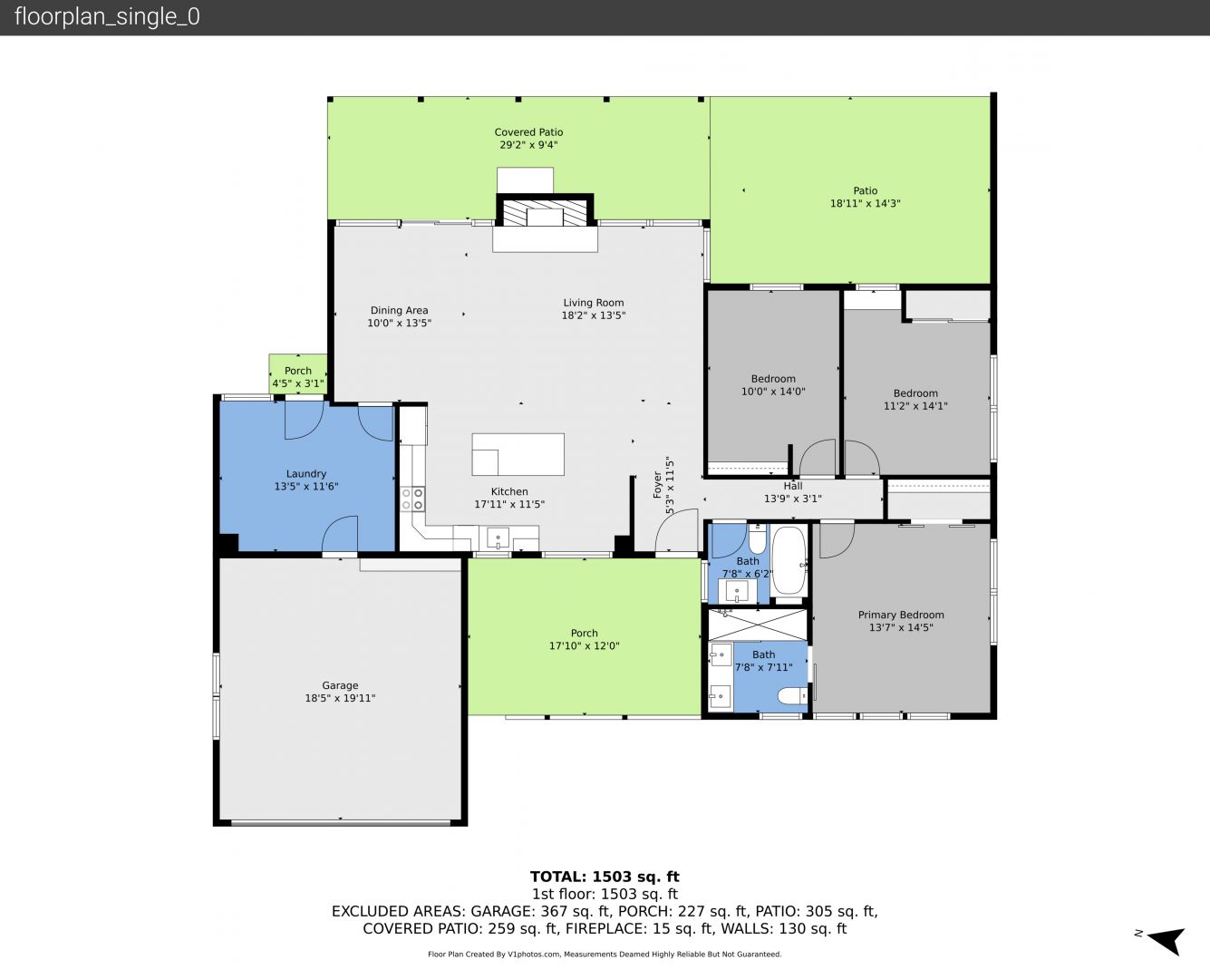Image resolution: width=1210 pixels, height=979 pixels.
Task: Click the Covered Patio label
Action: click(x=528, y=132)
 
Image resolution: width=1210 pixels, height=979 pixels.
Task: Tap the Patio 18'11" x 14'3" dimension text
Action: click(x=866, y=203)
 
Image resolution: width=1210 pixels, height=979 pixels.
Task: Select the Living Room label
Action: click(x=594, y=303)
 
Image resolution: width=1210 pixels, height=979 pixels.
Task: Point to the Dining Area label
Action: click(x=400, y=310)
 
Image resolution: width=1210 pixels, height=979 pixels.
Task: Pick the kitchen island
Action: click(x=518, y=454)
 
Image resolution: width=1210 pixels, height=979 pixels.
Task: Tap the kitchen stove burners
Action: click(x=413, y=499)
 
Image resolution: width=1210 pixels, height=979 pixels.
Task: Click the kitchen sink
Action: click(x=499, y=538)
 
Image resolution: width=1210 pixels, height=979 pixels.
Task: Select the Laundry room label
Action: click(x=306, y=474)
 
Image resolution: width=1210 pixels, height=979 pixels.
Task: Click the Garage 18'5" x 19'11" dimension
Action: click(x=340, y=698)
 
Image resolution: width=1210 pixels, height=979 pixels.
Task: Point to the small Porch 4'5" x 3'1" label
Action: click(x=298, y=377)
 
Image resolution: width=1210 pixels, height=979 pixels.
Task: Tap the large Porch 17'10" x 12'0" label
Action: click(x=585, y=639)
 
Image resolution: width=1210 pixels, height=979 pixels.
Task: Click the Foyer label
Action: click(x=658, y=485)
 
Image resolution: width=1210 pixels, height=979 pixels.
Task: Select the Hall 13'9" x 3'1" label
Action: click(x=793, y=492)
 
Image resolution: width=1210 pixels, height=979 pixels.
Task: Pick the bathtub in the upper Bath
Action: click(x=789, y=560)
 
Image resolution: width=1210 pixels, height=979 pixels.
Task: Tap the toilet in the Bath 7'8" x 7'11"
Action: click(x=792, y=695)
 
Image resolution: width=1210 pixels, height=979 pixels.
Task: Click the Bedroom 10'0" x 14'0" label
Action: click(x=773, y=385)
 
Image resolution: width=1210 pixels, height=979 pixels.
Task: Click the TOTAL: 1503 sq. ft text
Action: click(x=605, y=877)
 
